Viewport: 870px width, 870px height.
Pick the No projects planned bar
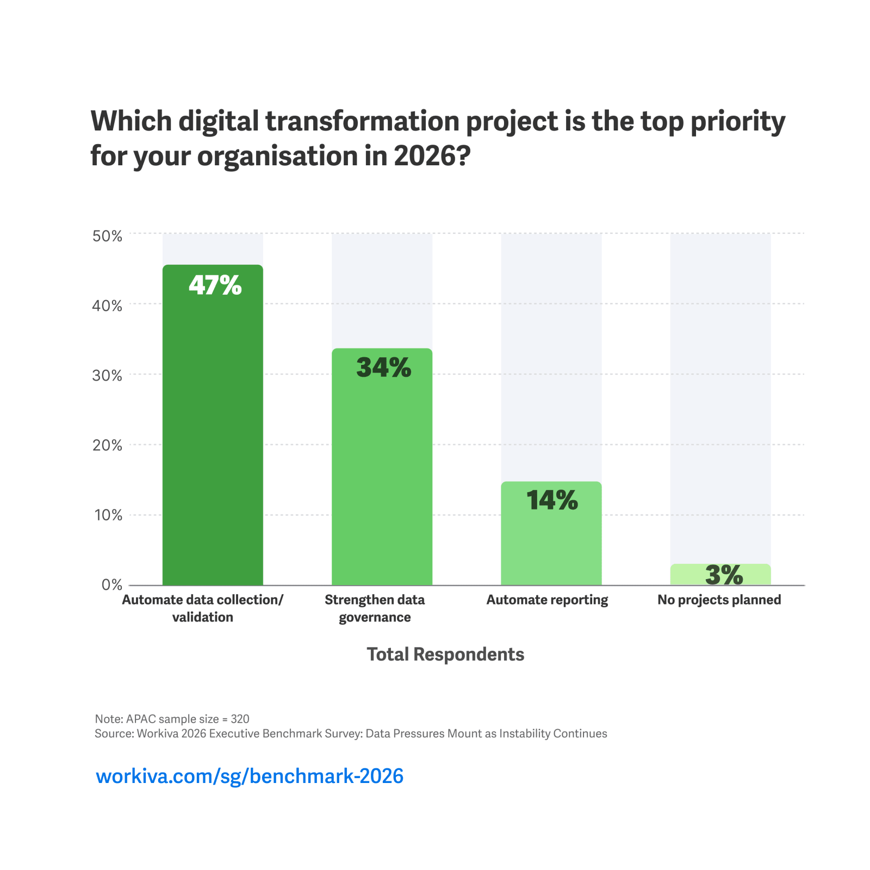point(720,575)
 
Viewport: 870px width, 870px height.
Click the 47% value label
point(215,285)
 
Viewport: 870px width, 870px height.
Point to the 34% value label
point(383,368)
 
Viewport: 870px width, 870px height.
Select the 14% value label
point(552,500)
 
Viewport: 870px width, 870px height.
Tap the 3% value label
point(724,575)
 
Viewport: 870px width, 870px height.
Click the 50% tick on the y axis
point(108,235)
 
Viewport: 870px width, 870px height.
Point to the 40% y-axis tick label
point(108,306)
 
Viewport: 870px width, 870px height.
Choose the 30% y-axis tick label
point(108,375)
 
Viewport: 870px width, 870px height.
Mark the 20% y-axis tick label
point(108,445)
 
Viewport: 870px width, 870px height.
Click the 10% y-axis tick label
point(108,515)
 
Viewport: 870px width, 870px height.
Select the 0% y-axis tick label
point(112,585)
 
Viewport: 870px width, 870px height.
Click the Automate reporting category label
point(547,600)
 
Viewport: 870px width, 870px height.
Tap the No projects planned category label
point(719,600)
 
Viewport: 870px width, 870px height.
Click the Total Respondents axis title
point(445,654)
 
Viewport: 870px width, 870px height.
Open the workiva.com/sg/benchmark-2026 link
point(250,776)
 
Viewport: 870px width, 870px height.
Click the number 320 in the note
point(240,719)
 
